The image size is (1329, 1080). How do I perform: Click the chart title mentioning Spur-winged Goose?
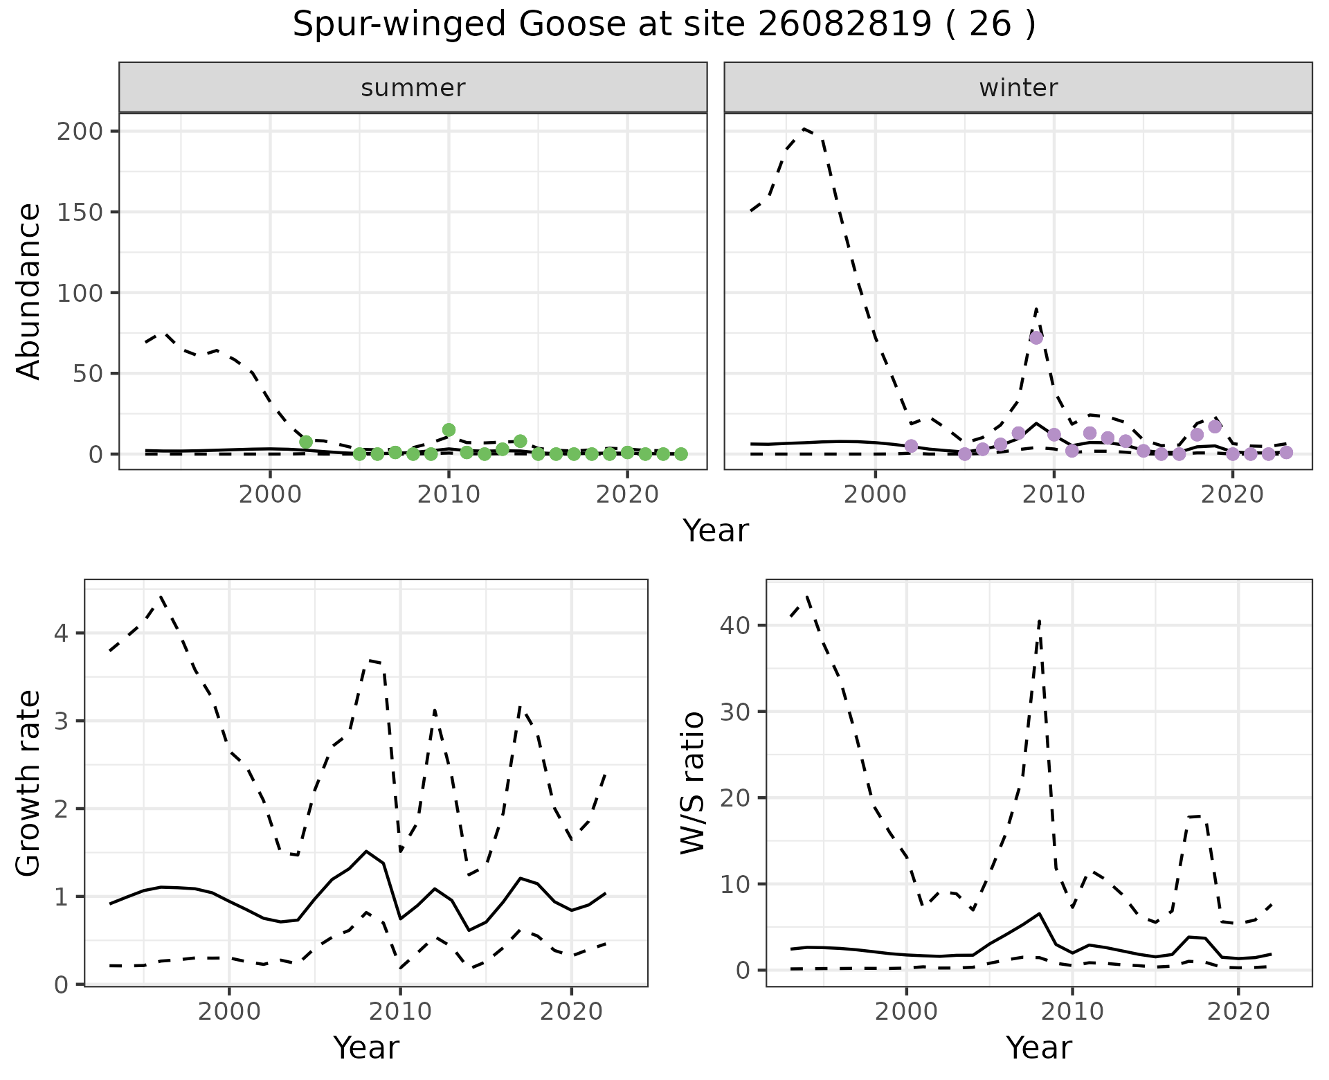[664, 26]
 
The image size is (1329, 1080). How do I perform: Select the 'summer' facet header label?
[413, 88]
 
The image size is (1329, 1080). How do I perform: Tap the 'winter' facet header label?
[1018, 88]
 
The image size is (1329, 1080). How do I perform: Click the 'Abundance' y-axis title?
[29, 291]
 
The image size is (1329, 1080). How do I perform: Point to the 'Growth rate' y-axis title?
[29, 783]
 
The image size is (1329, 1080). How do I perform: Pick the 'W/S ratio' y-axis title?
[693, 783]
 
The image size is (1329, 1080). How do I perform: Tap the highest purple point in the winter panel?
[1036, 338]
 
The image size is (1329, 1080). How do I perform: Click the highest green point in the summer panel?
[449, 430]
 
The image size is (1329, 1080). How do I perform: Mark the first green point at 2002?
[306, 442]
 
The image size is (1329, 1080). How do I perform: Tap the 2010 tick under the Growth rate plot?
[400, 1011]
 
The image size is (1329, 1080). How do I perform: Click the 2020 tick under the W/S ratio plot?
[1238, 1011]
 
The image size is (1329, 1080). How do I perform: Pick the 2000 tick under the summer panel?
[270, 496]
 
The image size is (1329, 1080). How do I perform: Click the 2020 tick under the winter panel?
[1232, 496]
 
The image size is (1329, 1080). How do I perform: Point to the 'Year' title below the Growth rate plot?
[366, 1048]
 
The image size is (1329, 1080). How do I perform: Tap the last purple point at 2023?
[1286, 453]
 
